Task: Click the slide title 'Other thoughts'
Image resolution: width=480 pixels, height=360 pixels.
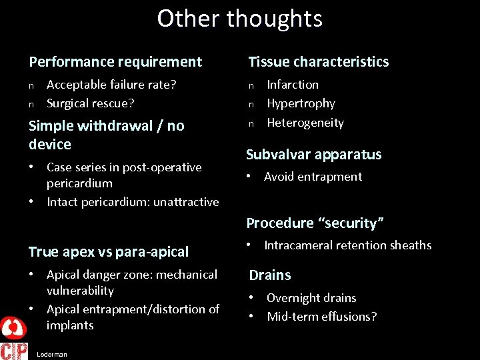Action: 240,19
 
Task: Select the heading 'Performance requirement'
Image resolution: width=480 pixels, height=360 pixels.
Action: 115,62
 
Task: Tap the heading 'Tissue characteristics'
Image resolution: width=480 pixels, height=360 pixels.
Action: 319,62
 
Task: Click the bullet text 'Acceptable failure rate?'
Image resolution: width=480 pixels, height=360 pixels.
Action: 111,85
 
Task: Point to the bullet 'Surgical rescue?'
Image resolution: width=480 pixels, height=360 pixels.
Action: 91,103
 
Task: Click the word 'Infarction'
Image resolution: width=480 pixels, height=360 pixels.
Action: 293,85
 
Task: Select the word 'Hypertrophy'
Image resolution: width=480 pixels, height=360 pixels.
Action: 301,103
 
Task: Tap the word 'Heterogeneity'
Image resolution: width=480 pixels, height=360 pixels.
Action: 305,123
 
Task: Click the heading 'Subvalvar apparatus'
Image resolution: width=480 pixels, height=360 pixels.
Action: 313,155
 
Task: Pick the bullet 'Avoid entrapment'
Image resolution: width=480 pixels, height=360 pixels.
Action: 313,177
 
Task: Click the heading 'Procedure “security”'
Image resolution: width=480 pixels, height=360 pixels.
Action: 316,223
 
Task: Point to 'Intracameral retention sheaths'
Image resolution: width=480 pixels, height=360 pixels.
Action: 347,245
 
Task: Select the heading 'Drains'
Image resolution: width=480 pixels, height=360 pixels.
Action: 270,275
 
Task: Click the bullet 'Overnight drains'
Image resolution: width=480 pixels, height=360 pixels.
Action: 311,298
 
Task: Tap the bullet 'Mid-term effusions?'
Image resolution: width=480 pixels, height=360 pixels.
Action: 321,317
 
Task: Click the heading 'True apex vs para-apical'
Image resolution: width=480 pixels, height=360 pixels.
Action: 109,252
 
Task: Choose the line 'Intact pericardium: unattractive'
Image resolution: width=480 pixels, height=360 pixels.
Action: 133,202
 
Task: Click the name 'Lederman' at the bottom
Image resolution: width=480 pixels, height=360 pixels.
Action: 52,355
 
